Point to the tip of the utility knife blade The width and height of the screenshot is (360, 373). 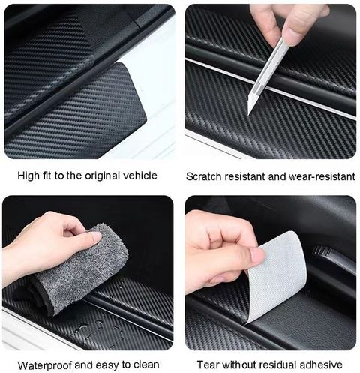248,115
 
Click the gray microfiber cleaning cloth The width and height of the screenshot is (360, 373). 80,269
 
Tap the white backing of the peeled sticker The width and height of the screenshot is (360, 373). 277,272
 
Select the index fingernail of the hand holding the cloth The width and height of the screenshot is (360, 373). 95,236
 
